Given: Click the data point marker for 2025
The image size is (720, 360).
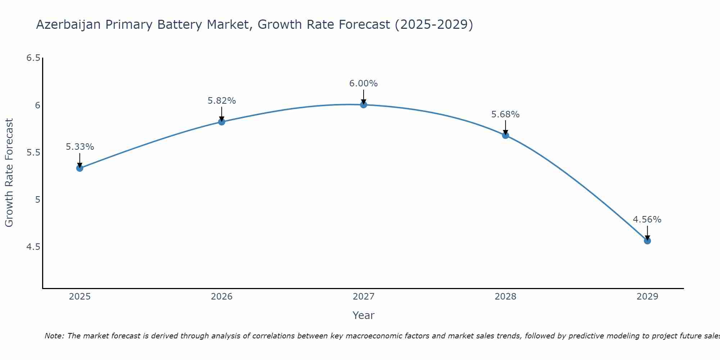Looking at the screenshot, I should [80, 168].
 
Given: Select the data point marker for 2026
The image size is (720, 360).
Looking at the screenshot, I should [221, 122].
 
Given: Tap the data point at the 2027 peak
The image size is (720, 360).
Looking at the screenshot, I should [364, 105].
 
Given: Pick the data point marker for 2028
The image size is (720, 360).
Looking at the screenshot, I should [505, 135].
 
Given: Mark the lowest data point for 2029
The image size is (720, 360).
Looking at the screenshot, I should [647, 241].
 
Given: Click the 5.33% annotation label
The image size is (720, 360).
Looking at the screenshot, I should [80, 147].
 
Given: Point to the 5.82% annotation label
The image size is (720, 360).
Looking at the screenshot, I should [221, 101].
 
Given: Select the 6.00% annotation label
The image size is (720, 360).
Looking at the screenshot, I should [364, 84].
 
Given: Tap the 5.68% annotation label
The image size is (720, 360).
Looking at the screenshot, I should [505, 114].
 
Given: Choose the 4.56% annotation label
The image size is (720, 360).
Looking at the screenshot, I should [647, 220].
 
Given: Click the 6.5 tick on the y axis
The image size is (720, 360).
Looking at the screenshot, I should [33, 58].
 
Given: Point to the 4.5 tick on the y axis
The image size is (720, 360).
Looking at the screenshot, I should [33, 247].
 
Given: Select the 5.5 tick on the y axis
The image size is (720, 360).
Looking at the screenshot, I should [33, 153].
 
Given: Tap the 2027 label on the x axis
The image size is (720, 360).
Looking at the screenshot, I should [364, 297].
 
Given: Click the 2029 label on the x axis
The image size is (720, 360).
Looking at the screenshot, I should [647, 297].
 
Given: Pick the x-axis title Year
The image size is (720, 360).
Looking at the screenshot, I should [364, 315].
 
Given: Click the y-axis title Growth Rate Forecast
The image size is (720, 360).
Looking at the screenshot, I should [9, 173].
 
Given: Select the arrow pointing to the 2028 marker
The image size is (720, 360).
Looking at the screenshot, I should [505, 127].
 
